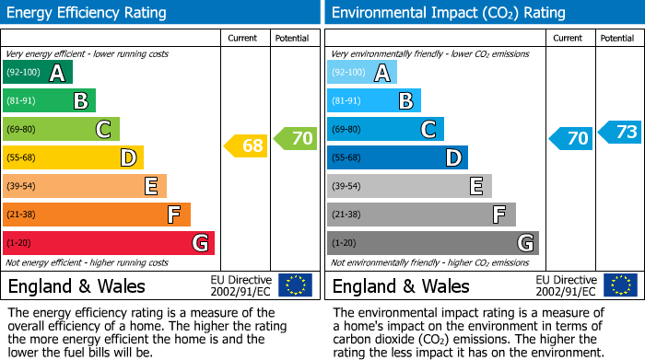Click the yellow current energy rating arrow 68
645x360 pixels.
coord(246,145)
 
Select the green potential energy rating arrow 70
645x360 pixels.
coord(296,138)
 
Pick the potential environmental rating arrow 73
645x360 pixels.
coord(620,132)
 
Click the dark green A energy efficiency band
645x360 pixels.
coord(38,73)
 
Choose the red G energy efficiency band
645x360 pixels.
coord(109,243)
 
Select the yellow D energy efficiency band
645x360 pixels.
coord(73,157)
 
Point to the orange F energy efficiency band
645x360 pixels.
coord(97,215)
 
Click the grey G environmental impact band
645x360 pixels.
coord(432,243)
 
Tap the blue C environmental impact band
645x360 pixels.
coord(385,130)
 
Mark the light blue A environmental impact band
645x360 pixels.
coord(362,73)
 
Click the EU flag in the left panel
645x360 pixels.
coord(295,285)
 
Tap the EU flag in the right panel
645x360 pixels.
coord(619,285)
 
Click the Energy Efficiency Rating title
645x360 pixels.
coord(88,13)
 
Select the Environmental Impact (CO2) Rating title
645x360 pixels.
coord(448,13)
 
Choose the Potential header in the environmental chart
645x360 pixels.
coord(617,38)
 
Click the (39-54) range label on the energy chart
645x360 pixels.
coord(21,186)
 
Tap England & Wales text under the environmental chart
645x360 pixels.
coord(401,285)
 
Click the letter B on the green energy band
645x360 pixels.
coord(81,101)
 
